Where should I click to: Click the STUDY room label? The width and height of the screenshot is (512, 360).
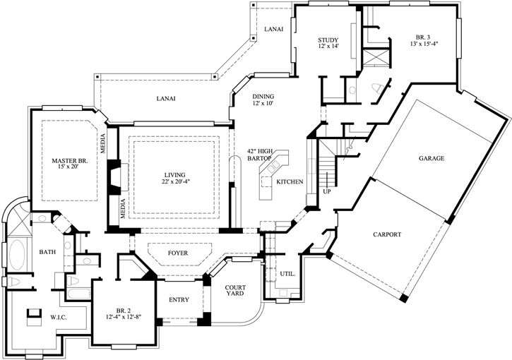pos(328,40)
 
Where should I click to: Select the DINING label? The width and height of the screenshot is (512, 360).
pos(263,97)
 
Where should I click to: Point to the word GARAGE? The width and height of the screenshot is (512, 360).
pos(431,159)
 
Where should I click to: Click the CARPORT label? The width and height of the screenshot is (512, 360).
pos(387,234)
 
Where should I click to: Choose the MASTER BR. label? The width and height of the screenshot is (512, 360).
pos(69,161)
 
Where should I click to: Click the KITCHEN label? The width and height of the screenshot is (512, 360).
pos(290,182)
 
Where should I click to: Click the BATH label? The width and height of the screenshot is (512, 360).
pos(47,252)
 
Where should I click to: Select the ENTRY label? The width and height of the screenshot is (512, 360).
pos(179,300)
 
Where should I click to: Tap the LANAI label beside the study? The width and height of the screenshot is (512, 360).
pos(273,29)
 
